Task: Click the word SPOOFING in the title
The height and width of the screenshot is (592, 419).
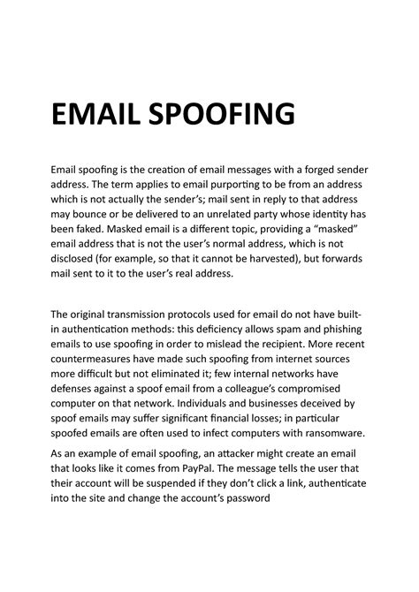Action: [x=219, y=115]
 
